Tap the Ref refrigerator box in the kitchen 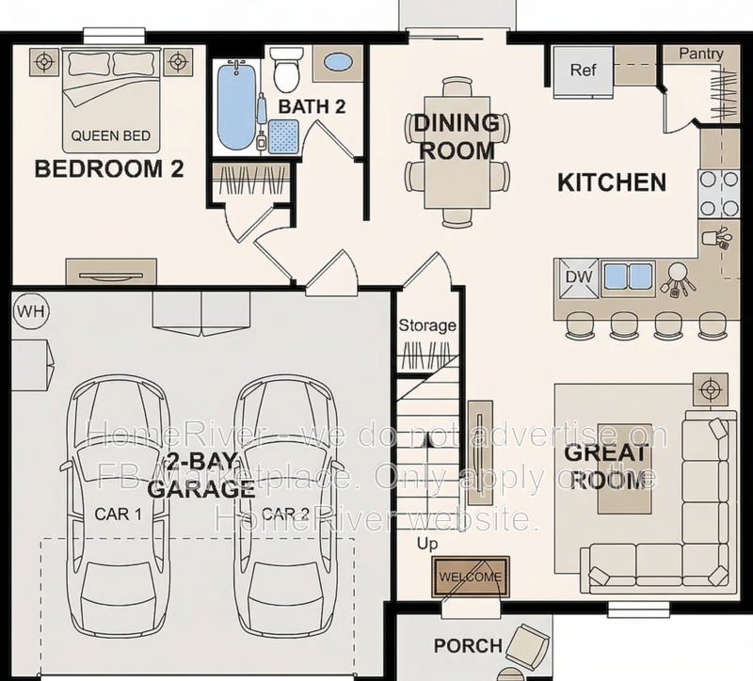(584, 71)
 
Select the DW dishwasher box (575, 277)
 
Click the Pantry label (700, 55)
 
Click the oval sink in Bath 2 (337, 63)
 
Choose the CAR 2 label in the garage (285, 515)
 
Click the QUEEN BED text (110, 136)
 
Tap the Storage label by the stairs (426, 326)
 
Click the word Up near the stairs (428, 544)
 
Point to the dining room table (457, 150)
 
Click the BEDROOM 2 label (108, 169)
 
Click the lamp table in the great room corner (710, 388)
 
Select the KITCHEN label (612, 182)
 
